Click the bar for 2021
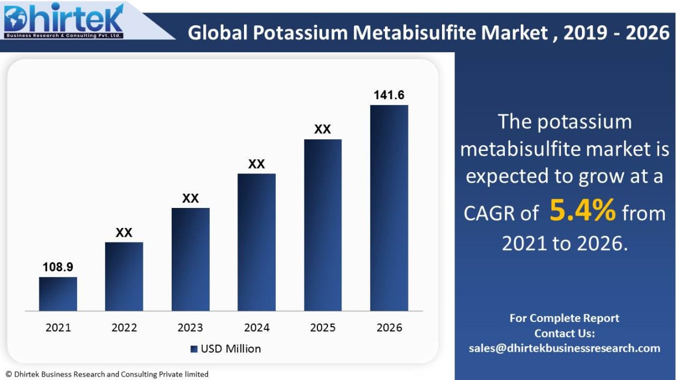[x=58, y=294]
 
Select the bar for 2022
[x=124, y=276]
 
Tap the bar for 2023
[x=190, y=259]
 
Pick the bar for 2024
[x=256, y=242]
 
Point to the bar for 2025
[x=323, y=225]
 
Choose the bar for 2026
[x=389, y=208]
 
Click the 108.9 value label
[x=58, y=267]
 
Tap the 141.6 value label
[x=389, y=95]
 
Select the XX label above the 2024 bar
[x=256, y=164]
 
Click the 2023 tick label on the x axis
[x=190, y=328]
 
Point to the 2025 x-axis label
[x=323, y=328]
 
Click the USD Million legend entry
[x=226, y=349]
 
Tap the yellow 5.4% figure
[x=583, y=211]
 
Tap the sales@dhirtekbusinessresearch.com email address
[x=564, y=348]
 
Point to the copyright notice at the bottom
[x=107, y=374]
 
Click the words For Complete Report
[x=564, y=318]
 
